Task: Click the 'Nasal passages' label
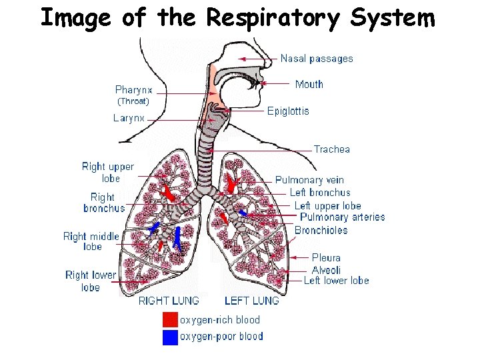click(317, 59)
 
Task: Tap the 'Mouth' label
click(309, 84)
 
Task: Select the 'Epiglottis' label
click(288, 111)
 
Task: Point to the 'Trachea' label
click(331, 149)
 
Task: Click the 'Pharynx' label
click(133, 89)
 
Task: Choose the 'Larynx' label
click(129, 118)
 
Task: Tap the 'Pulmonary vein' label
click(309, 180)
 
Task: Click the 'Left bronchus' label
click(319, 193)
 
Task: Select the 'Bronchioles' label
click(321, 230)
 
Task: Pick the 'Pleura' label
click(326, 257)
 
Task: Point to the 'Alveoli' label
click(326, 270)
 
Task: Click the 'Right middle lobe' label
click(92, 241)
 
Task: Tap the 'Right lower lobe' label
click(91, 281)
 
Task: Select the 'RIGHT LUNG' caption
click(169, 301)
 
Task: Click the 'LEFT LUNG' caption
click(252, 301)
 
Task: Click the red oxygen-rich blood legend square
click(171, 320)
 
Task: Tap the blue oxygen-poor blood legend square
click(171, 337)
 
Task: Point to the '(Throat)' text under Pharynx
click(133, 102)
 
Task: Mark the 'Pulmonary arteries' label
click(342, 217)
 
